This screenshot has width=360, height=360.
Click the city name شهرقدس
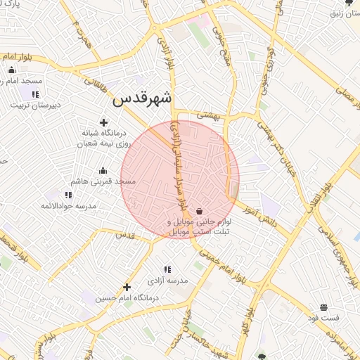click(143, 100)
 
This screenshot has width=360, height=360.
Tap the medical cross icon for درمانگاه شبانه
click(104, 123)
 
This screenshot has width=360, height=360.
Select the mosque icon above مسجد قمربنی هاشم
click(103, 171)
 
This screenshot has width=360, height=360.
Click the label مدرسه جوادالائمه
click(67, 205)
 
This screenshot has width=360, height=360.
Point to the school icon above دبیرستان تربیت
click(35, 94)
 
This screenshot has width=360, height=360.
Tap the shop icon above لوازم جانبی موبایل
click(200, 210)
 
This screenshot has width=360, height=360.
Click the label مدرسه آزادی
click(167, 280)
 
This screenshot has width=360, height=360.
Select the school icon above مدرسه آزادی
click(167, 269)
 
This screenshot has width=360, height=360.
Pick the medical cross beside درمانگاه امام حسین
click(127, 287)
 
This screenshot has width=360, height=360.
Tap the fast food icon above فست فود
click(323, 307)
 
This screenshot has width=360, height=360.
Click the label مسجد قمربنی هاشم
click(106, 181)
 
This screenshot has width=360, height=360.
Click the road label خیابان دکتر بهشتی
click(274, 144)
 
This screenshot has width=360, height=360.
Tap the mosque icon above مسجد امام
click(11, 70)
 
